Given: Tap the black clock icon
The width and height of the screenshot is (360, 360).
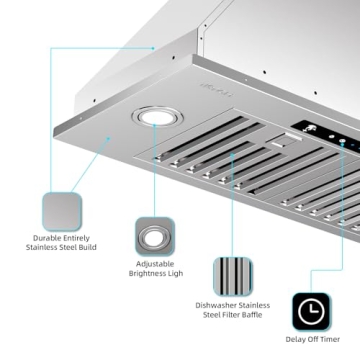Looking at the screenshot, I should pos(311,312).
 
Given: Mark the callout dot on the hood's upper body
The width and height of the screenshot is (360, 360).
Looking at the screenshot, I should pos(154,47).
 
